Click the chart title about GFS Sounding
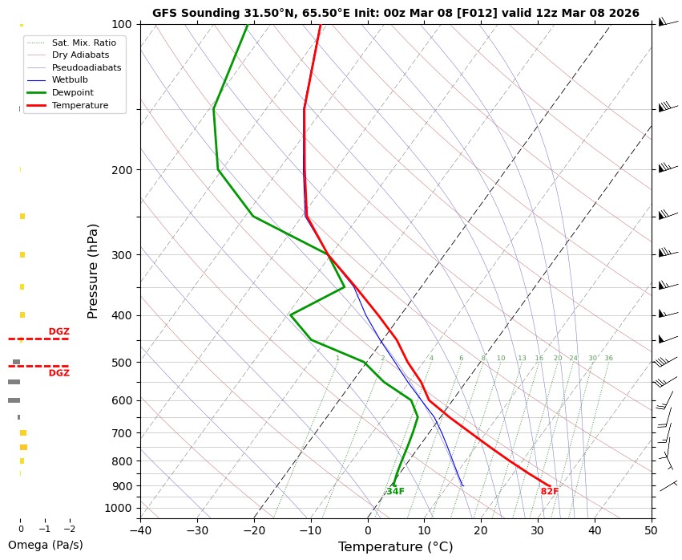pos(395,13)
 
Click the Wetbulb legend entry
pos(70,80)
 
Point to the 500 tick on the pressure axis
pos(123,363)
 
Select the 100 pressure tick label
pos(123,24)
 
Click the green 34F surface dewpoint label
pos(395,492)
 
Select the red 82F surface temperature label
pos(550,492)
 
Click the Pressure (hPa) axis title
pos(92,270)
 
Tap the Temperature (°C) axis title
pos(395,547)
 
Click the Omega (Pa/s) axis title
pos(45,545)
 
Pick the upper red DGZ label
pos(59,331)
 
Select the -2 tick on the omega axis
pos(69,530)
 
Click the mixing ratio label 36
pos(609,359)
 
